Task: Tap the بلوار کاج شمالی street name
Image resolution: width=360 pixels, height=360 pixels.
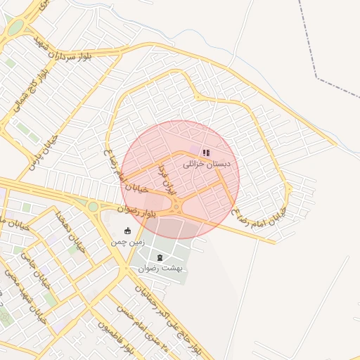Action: click(30, 89)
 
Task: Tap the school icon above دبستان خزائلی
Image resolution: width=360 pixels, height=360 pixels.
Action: click(206, 152)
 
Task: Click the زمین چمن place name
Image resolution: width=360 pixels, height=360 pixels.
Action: click(127, 243)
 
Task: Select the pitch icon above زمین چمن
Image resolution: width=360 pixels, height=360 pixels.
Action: click(127, 231)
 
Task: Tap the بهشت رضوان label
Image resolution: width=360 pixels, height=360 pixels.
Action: click(160, 269)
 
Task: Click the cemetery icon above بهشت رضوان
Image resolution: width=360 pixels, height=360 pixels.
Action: click(160, 257)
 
